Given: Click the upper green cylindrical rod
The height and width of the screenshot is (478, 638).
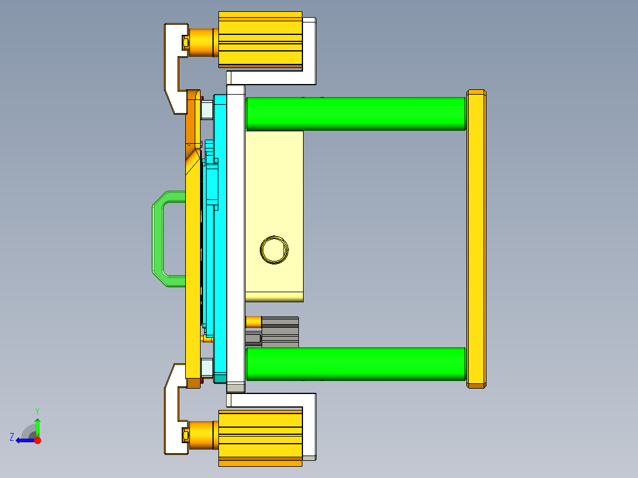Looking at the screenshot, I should [355, 114].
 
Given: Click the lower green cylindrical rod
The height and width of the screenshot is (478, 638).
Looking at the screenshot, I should [355, 364].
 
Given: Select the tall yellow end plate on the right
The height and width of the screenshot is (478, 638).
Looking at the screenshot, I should [476, 239].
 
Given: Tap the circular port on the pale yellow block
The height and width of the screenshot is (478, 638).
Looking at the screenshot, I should [274, 250].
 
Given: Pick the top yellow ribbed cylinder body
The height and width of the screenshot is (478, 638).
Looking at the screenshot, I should [260, 38].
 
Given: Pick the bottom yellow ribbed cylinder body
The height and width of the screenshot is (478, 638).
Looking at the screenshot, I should [260, 438].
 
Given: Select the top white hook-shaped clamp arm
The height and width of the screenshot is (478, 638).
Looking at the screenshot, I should [172, 65].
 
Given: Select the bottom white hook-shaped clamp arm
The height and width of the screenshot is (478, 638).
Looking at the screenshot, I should [172, 414].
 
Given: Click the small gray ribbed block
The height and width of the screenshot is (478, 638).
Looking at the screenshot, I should [279, 332].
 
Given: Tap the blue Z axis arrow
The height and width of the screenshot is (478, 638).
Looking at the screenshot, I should [24, 440].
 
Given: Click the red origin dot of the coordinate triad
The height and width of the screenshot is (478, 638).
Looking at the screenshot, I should [37, 440].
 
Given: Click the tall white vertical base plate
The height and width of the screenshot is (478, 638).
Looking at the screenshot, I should [236, 237].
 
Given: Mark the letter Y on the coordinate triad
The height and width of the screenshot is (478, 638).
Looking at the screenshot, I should [37, 411].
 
